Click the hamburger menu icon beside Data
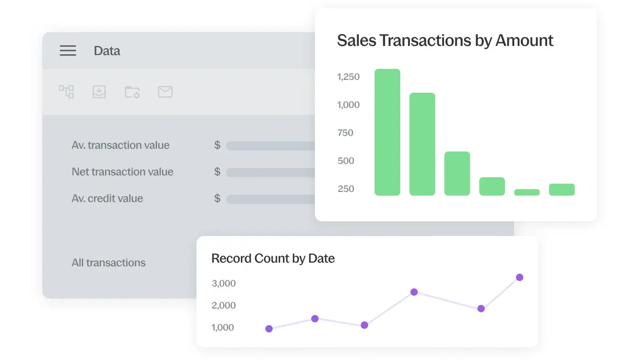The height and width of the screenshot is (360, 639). click(x=68, y=51)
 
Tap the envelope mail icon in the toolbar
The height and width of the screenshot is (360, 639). click(x=165, y=92)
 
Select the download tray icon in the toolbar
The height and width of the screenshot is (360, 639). click(x=99, y=92)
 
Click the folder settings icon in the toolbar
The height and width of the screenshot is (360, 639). click(x=132, y=92)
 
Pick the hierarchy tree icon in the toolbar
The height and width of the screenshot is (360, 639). click(x=67, y=91)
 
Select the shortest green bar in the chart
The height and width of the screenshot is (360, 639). click(x=527, y=192)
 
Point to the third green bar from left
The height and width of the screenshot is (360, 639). click(x=457, y=174)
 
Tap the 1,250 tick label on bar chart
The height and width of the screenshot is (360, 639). click(x=348, y=77)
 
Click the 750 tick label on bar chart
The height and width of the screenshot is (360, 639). click(x=345, y=133)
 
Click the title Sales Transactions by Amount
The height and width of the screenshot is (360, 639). click(x=445, y=40)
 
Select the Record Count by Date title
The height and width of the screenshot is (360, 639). click(x=273, y=259)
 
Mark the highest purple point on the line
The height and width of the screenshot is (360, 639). click(x=520, y=277)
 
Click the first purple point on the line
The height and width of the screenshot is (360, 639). click(x=269, y=329)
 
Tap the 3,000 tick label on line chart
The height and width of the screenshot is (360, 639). click(x=224, y=283)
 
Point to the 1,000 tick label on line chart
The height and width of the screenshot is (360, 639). click(x=223, y=327)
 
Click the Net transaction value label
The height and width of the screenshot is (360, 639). click(x=123, y=172)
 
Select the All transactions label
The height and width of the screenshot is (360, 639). click(x=108, y=263)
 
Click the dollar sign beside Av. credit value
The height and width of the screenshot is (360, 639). click(x=217, y=198)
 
